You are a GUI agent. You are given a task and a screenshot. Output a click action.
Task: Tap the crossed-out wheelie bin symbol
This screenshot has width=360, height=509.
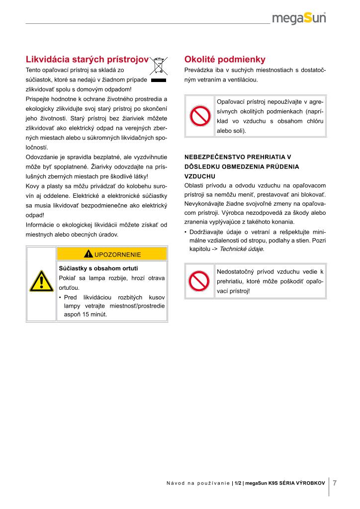(158, 66)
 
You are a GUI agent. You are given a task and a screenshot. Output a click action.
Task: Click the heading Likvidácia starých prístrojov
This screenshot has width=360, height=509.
(87, 59)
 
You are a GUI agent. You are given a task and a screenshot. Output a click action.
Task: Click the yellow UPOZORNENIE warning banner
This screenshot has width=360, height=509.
(112, 254)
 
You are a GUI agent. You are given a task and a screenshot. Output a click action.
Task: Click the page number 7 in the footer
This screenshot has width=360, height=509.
(335, 483)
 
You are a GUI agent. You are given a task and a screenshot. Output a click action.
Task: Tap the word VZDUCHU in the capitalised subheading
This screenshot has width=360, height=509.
(199, 176)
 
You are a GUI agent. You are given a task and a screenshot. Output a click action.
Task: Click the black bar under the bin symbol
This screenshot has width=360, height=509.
(158, 80)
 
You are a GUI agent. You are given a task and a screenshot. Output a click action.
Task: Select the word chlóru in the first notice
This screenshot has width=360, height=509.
(316, 121)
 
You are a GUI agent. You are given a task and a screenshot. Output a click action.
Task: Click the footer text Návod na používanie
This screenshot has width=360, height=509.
(198, 483)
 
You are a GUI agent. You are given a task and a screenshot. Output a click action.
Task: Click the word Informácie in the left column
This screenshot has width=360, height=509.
(41, 225)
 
